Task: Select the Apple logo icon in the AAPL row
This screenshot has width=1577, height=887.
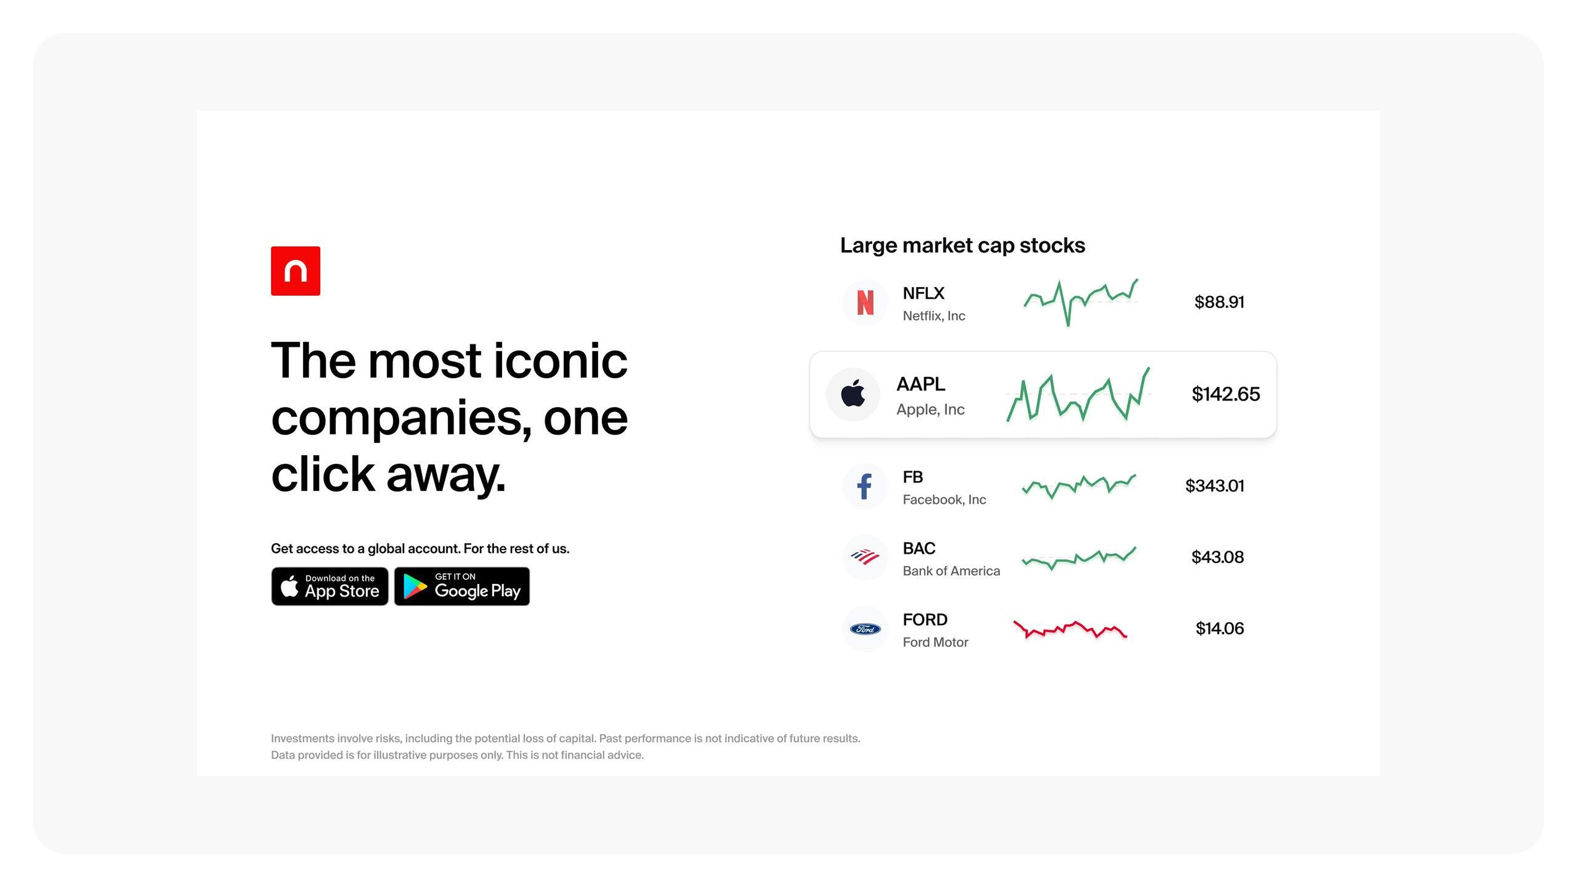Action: [x=853, y=393]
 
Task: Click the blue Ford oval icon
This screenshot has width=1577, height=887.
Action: [x=865, y=629]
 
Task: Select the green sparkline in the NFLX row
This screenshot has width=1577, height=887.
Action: [x=1080, y=302]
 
